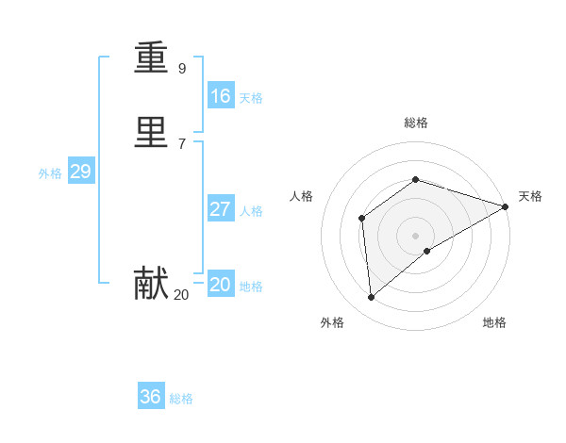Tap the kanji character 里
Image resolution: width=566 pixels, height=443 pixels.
click(151, 132)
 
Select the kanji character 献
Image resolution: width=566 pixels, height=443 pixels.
click(151, 283)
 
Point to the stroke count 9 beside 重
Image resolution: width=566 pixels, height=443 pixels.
click(182, 68)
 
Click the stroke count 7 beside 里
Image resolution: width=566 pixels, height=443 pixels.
click(182, 143)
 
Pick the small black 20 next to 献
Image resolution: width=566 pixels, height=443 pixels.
click(181, 295)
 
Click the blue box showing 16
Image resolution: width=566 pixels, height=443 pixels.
click(221, 96)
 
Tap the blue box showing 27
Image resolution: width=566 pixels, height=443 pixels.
click(221, 209)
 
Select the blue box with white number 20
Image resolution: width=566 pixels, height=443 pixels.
click(221, 285)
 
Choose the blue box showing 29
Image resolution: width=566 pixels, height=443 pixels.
click(80, 172)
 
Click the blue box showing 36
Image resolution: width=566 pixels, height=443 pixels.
click(151, 397)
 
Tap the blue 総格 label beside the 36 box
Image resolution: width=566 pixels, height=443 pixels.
click(181, 399)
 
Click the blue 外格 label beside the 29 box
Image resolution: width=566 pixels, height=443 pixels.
click(50, 173)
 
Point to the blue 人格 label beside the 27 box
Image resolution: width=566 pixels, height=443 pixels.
click(252, 211)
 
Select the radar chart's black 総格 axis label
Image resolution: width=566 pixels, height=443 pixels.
click(415, 123)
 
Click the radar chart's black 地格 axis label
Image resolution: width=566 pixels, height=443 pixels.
click(494, 322)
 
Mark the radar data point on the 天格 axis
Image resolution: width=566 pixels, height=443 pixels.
click(505, 206)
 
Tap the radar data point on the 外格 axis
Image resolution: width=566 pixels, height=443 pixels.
click(371, 298)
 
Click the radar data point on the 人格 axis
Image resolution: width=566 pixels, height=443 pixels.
click(361, 219)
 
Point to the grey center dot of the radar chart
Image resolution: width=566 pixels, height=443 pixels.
click(415, 236)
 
